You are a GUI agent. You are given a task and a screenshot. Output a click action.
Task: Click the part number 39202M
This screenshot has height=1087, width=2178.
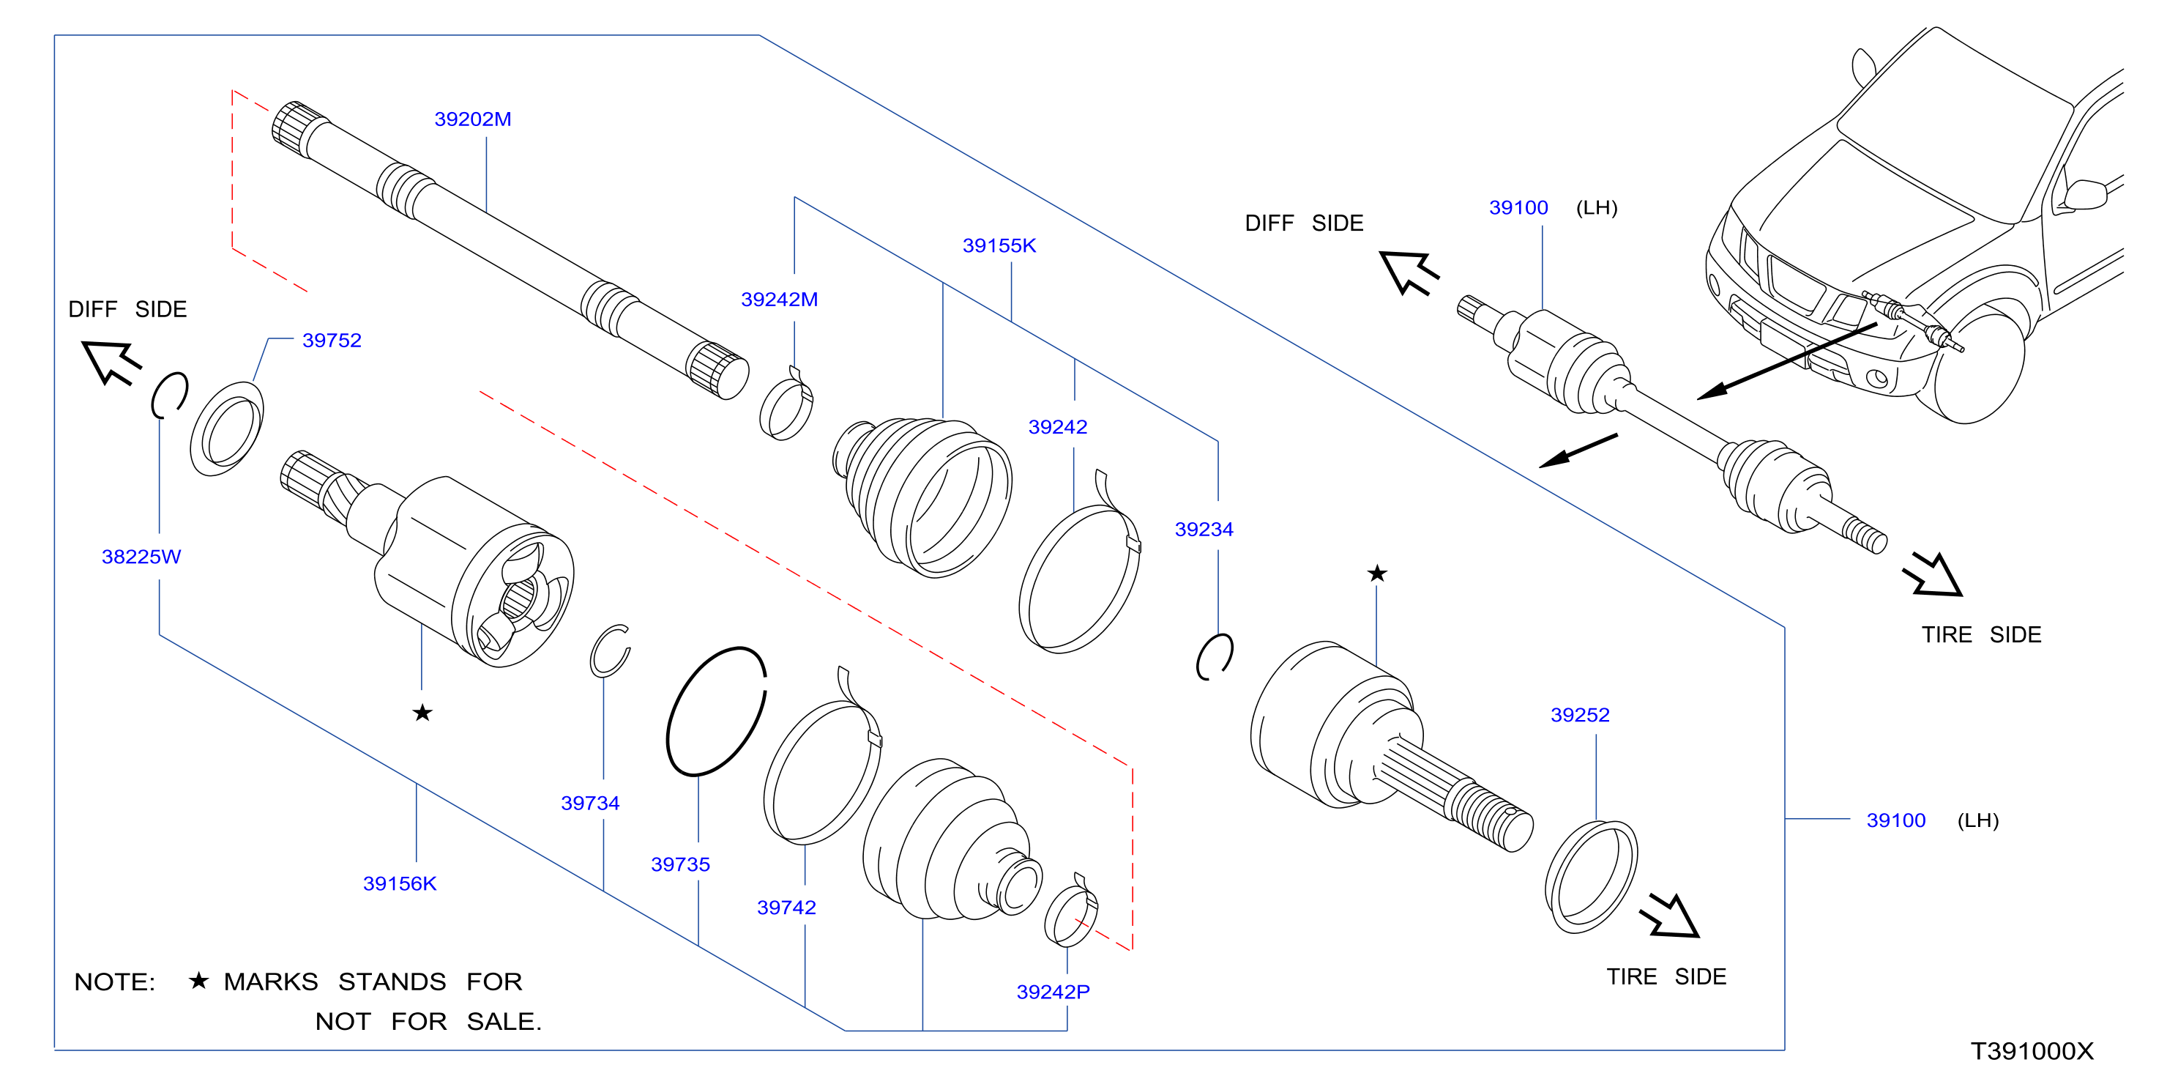point(473,119)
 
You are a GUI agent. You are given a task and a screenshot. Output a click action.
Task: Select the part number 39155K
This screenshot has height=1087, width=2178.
point(999,245)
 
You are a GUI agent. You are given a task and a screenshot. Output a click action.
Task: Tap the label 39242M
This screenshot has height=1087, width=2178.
point(779,300)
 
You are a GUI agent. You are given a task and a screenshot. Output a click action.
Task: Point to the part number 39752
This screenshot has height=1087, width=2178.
point(332,340)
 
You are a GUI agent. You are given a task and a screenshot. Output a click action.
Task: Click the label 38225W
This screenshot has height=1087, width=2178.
point(141,557)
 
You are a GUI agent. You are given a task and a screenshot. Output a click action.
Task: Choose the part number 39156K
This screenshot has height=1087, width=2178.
point(399,883)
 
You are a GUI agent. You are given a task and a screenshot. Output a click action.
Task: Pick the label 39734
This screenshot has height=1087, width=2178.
point(590,803)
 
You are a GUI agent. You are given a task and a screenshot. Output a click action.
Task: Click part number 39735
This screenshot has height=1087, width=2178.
point(680,864)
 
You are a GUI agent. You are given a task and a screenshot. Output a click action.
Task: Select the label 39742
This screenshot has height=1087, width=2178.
point(786,907)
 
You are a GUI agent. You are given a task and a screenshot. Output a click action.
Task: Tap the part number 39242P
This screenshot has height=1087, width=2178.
point(1053,992)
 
